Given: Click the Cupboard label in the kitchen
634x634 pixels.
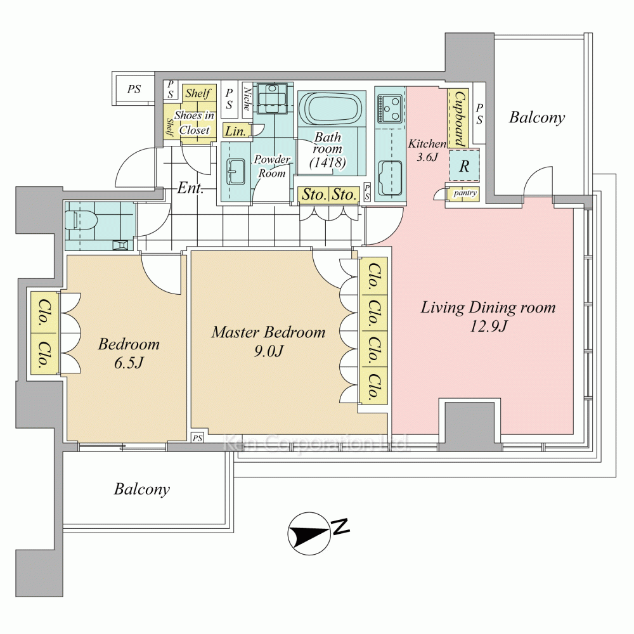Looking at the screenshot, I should [459, 117].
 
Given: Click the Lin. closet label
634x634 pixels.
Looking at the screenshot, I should [236, 132].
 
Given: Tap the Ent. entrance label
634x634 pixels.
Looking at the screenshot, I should [190, 188].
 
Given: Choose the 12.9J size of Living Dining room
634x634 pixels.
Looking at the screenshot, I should [488, 327].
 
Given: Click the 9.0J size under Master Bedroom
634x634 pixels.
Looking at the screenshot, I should [268, 351].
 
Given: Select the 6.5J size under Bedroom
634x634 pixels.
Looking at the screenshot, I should [129, 364].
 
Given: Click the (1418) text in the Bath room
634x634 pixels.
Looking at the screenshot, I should [327, 163].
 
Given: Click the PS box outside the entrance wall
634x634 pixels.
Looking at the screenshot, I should [134, 89].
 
